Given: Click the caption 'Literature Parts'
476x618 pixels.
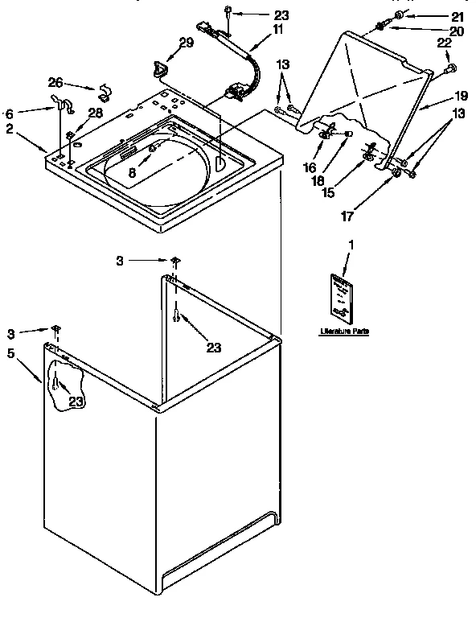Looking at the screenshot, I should [344, 331].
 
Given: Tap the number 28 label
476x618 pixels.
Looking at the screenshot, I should [95, 113].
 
